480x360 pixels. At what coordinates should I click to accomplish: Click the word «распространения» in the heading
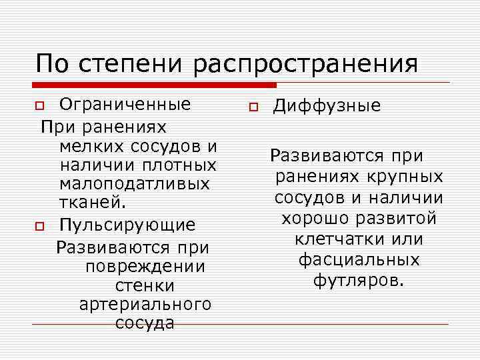307,65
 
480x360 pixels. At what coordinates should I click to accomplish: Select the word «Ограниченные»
125,104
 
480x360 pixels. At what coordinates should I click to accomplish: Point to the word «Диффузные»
327,105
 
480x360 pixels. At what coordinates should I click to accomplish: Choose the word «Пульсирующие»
127,225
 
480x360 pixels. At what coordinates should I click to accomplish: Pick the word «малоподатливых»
134,183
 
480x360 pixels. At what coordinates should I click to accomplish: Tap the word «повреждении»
145,267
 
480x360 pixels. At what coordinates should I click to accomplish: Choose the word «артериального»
145,305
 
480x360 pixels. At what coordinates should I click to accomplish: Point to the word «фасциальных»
358,259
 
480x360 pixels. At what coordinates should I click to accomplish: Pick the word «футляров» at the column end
357,279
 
